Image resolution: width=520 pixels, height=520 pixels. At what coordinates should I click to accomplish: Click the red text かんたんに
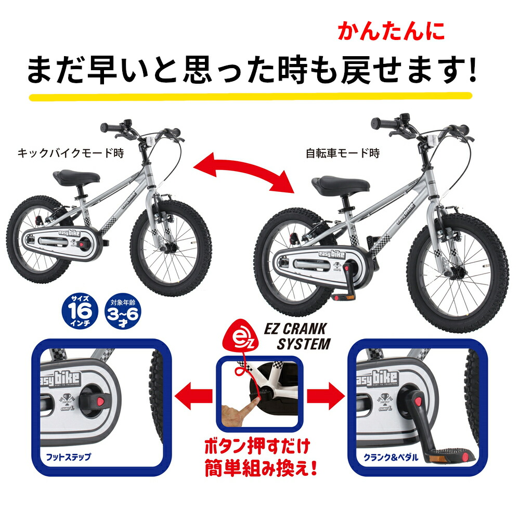(391, 31)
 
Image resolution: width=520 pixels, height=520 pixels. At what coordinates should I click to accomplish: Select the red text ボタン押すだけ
(257, 446)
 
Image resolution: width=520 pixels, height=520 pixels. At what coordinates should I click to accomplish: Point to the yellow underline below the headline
(250, 97)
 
